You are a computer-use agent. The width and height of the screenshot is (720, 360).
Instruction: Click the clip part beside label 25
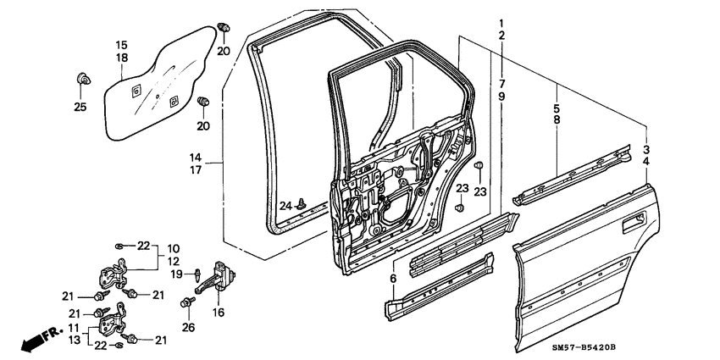(83, 80)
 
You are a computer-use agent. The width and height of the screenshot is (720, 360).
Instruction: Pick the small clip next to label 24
(302, 204)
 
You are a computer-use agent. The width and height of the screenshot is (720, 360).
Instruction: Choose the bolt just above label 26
(186, 302)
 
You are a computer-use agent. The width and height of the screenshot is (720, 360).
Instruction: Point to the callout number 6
(394, 278)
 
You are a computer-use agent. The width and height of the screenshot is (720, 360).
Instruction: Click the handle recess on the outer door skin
(632, 224)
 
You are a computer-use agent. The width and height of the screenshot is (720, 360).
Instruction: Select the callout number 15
(121, 44)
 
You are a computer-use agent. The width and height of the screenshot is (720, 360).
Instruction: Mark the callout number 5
(556, 108)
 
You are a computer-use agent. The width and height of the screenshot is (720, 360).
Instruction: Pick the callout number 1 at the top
(501, 23)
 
